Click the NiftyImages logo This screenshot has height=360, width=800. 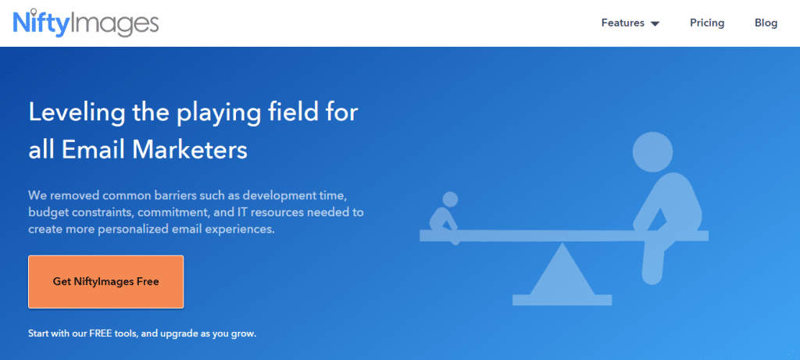pyautogui.click(x=86, y=23)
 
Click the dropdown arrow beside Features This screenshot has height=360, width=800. pyautogui.click(x=655, y=23)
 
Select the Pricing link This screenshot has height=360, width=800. pyautogui.click(x=707, y=23)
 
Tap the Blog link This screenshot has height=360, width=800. pyautogui.click(x=766, y=23)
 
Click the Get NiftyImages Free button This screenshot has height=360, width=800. pyautogui.click(x=105, y=281)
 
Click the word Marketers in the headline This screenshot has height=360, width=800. pyautogui.click(x=190, y=151)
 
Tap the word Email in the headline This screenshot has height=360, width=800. pyautogui.click(x=94, y=151)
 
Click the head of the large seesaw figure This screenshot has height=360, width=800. pyautogui.click(x=656, y=152)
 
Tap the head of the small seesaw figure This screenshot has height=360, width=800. pyautogui.click(x=449, y=199)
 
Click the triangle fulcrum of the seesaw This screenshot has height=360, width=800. pyautogui.click(x=562, y=269)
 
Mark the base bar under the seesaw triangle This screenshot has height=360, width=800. pyautogui.click(x=562, y=300)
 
